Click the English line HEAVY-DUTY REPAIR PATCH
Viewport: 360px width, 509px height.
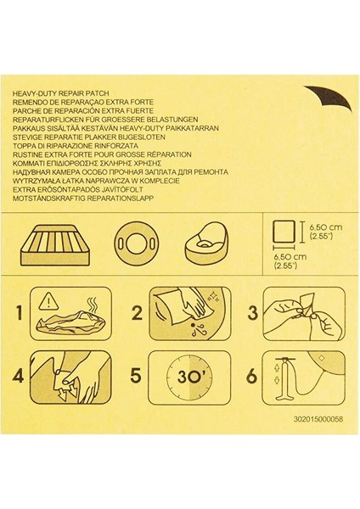[x=60, y=93]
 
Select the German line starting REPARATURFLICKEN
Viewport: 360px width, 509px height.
[x=105, y=120]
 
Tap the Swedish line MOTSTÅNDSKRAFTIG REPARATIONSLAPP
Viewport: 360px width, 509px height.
[x=83, y=199]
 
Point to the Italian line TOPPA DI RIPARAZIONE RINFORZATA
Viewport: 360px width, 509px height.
[x=75, y=146]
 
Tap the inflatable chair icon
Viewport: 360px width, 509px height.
[x=205, y=243]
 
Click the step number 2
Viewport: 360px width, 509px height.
[x=137, y=313]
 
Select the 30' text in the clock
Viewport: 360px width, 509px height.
[x=189, y=378]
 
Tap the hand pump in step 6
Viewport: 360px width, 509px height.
[x=284, y=378]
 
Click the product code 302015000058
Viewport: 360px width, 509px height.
[x=318, y=419]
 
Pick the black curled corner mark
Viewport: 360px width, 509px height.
[x=331, y=98]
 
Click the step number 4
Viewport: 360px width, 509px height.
[x=18, y=376]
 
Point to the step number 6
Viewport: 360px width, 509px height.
[x=252, y=377]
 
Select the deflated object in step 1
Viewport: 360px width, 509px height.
[x=71, y=323]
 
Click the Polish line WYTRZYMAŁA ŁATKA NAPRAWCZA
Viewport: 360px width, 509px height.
[x=96, y=181]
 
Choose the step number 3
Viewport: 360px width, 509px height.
[x=252, y=313]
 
